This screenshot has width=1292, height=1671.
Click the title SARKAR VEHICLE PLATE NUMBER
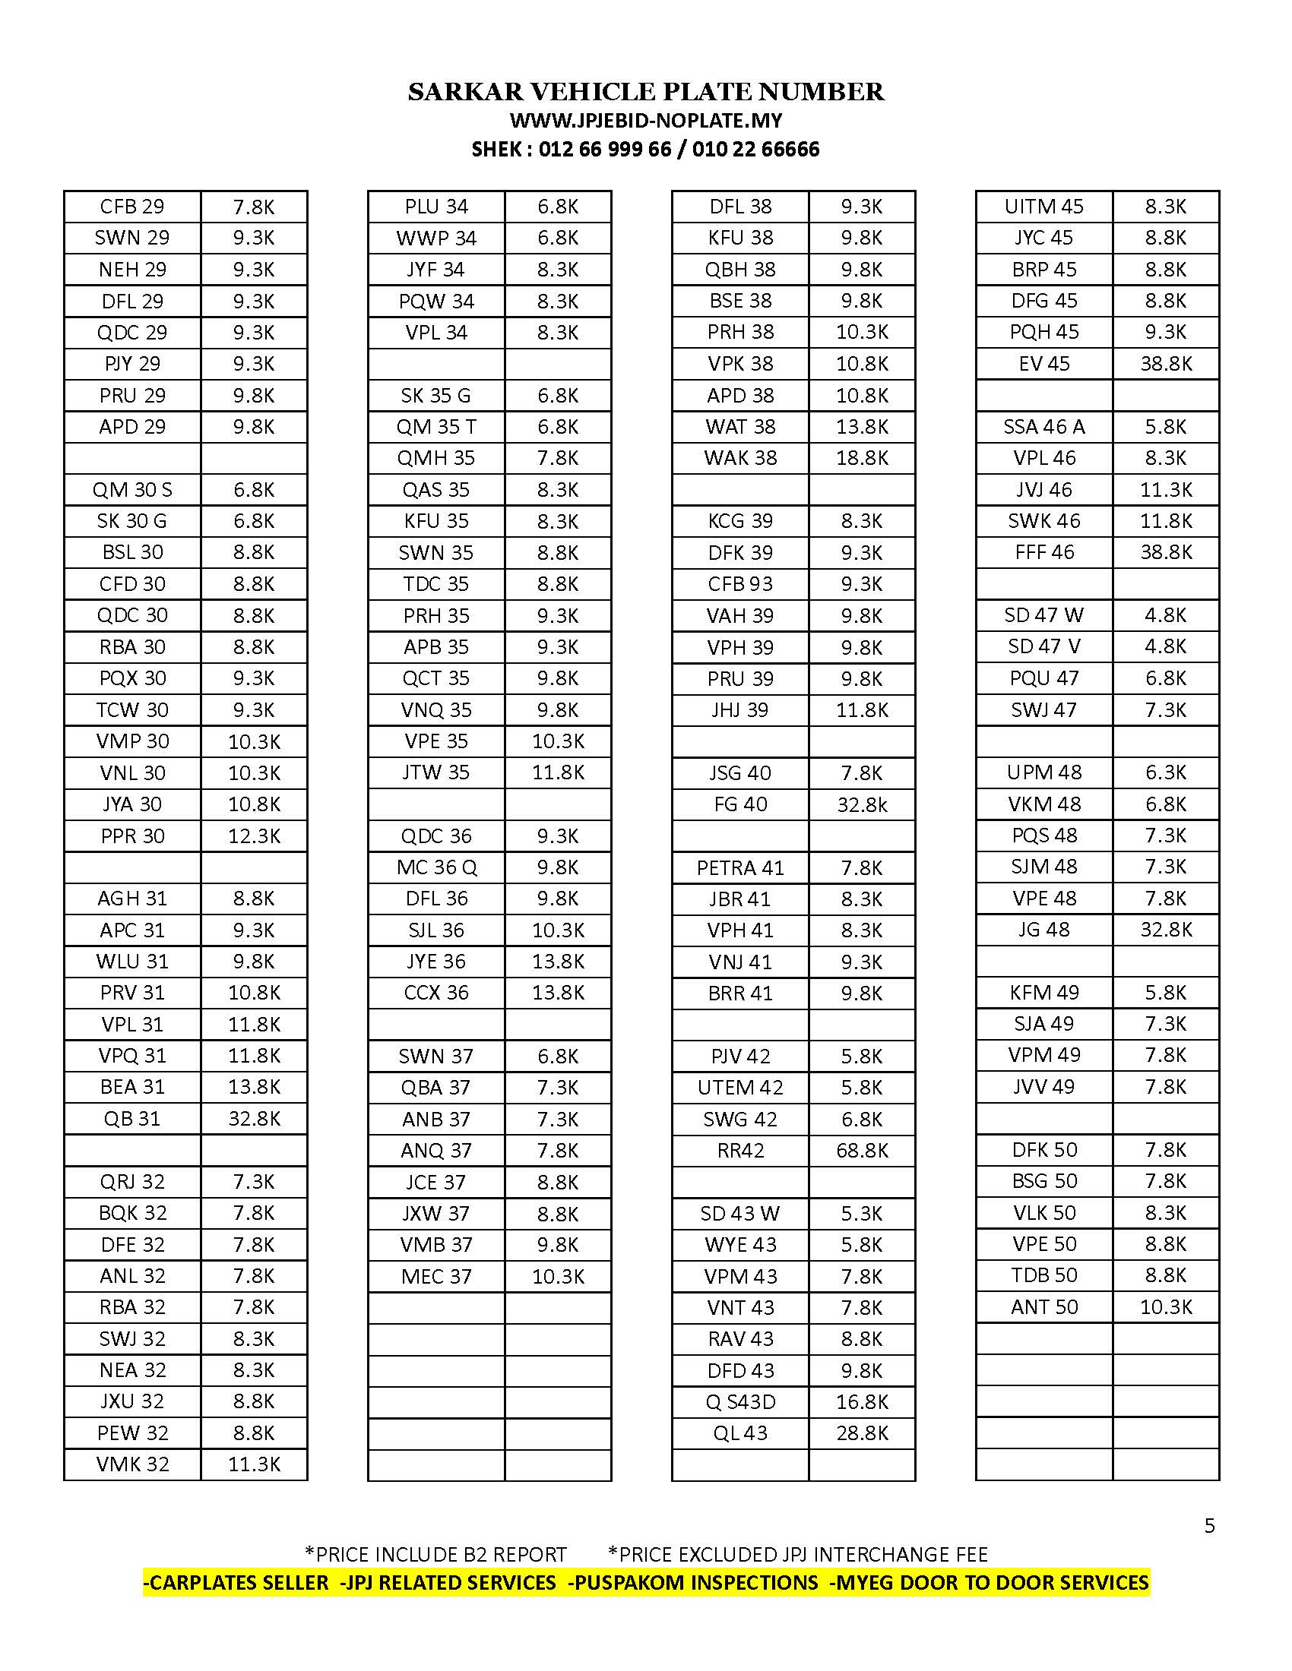click(645, 92)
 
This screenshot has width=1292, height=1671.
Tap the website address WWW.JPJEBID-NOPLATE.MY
click(645, 121)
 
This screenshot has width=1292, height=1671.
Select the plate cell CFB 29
click(132, 207)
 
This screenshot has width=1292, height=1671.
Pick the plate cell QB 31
click(132, 1119)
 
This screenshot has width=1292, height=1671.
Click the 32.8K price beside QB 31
click(254, 1119)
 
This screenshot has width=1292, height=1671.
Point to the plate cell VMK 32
click(132, 1464)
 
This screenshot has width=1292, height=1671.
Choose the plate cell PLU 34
click(436, 207)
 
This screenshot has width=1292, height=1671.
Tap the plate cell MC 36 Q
click(436, 867)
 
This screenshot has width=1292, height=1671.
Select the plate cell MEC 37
click(436, 1276)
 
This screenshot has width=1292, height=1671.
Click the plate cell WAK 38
click(740, 457)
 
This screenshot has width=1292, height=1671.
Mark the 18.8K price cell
click(862, 457)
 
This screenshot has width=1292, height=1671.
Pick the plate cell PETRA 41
click(740, 867)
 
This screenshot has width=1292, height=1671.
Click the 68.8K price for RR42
click(862, 1150)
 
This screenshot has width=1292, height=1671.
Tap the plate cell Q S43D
click(740, 1401)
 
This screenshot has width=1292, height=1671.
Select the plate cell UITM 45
click(1044, 207)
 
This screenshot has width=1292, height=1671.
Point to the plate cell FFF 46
click(1044, 551)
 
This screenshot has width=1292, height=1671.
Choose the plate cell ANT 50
click(1044, 1307)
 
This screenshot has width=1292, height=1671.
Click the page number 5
click(1209, 1526)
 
